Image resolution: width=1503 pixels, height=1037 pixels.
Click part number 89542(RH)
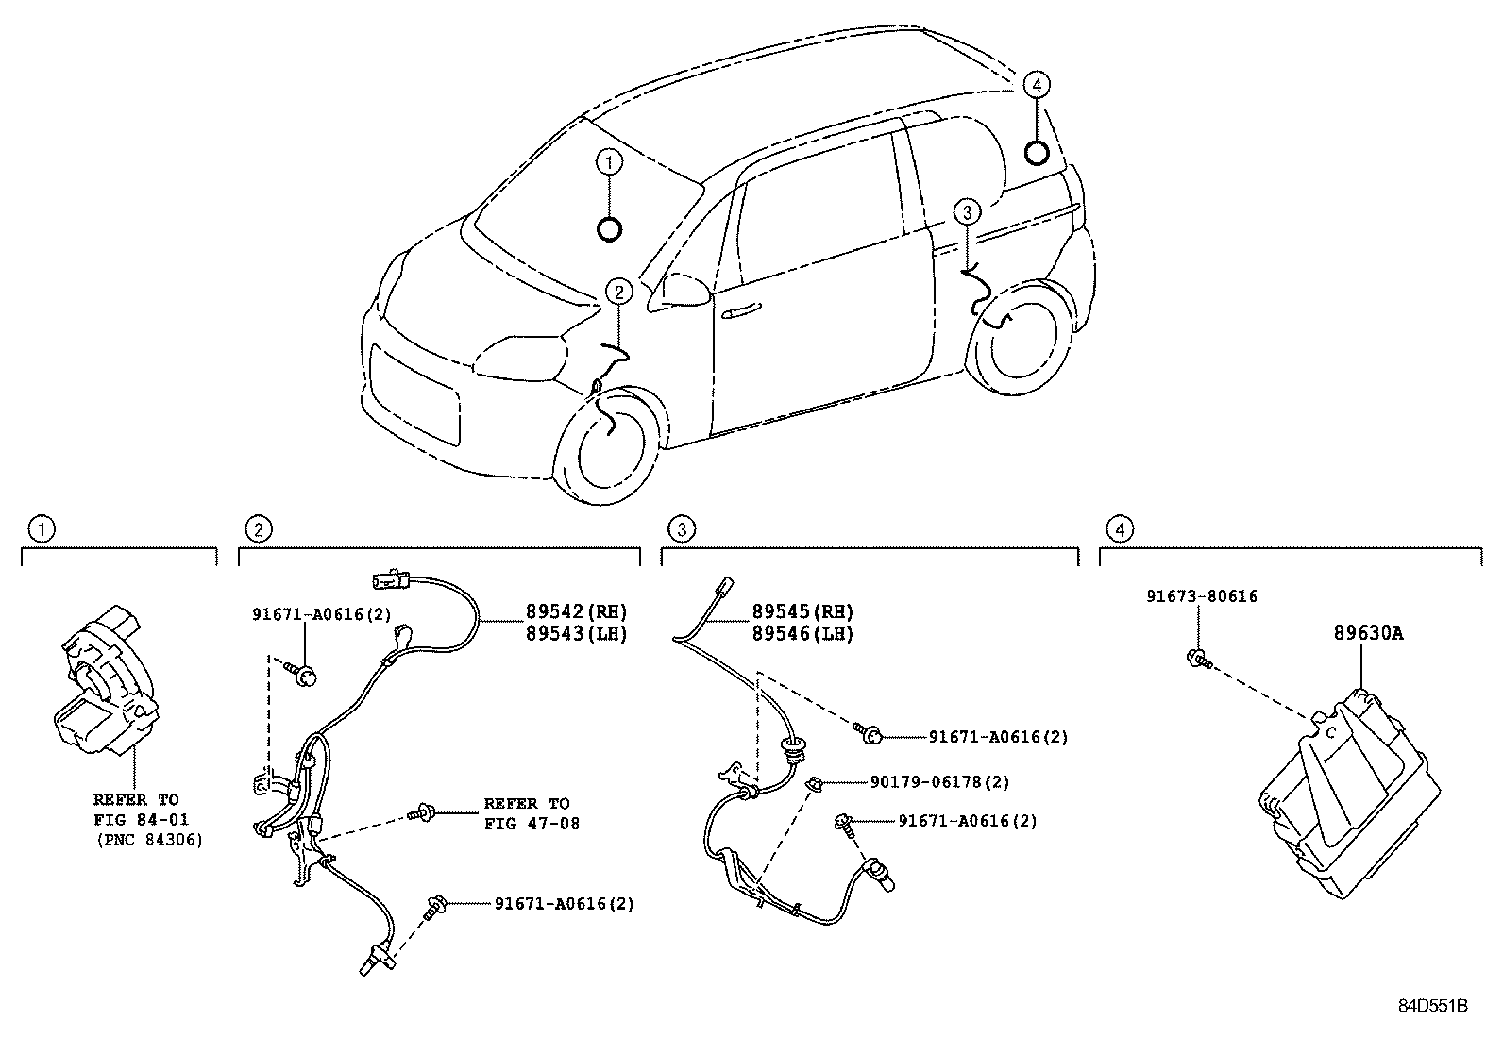click(x=576, y=611)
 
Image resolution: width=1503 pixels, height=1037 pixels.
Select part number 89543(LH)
click(x=576, y=633)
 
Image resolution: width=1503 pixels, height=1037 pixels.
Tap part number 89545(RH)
click(x=802, y=611)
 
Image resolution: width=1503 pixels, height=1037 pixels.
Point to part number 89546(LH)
click(x=802, y=633)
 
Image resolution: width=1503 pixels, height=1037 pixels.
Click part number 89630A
click(x=1368, y=633)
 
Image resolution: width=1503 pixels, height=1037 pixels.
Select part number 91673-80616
click(x=1202, y=596)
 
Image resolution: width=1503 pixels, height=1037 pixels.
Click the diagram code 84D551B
click(x=1432, y=1006)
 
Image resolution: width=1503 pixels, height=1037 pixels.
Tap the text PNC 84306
click(x=148, y=839)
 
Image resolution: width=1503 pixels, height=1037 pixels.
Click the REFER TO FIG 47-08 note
click(x=527, y=813)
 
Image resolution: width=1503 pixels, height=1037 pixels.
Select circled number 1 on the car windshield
click(x=610, y=162)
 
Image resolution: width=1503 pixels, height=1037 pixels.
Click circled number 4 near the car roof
click(x=1036, y=85)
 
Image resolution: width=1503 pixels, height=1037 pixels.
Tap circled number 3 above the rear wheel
click(x=967, y=212)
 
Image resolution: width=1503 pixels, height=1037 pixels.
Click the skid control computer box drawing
click(x=1349, y=793)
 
